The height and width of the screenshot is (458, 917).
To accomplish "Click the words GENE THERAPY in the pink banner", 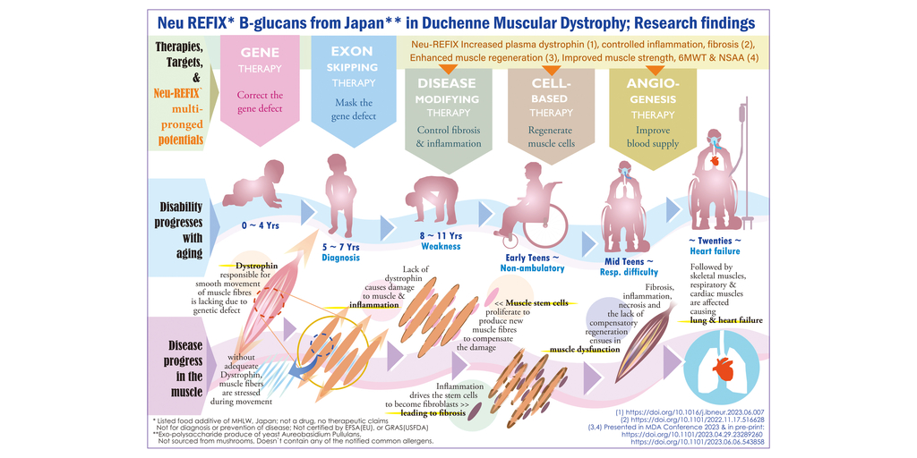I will (260, 60).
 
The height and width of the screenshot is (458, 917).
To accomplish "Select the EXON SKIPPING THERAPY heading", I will (353, 67).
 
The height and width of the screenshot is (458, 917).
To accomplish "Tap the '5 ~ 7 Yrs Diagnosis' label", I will (340, 251).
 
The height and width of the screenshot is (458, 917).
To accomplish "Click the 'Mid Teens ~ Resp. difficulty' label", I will (629, 267).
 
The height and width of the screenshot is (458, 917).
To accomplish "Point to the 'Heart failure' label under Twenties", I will (715, 251).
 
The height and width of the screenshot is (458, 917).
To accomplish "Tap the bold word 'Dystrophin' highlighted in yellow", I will (256, 267).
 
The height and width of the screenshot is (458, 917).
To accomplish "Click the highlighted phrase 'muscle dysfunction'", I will (584, 350).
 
